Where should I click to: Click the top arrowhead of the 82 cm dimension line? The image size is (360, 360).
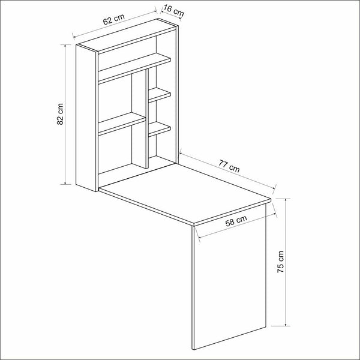point(64,46)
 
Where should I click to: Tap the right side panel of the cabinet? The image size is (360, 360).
point(175,90)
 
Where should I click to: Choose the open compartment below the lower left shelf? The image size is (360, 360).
point(116,153)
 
